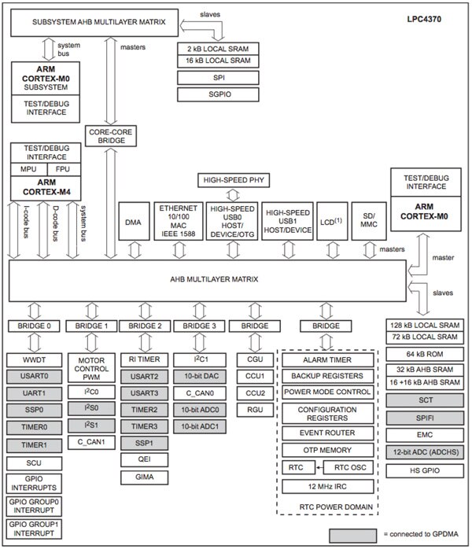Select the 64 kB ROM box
pyautogui.click(x=424, y=354)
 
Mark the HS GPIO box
pyautogui.click(x=424, y=470)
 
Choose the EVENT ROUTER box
pyautogui.click(x=326, y=433)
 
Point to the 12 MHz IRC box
pyautogui.click(x=326, y=485)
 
